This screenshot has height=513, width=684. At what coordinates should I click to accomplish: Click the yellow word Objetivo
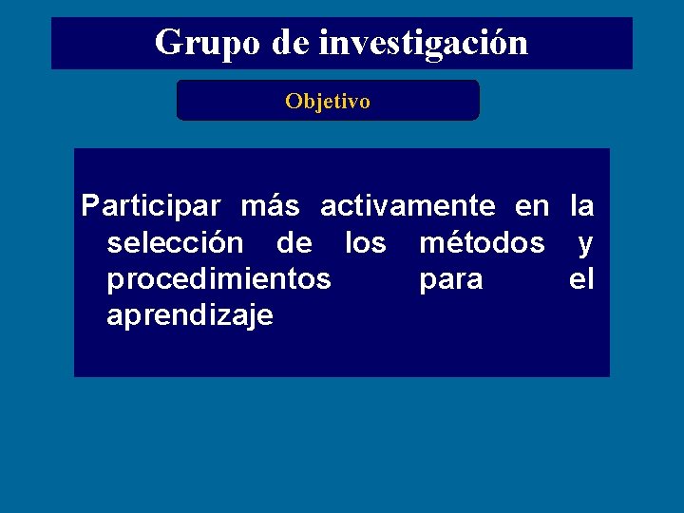(x=328, y=101)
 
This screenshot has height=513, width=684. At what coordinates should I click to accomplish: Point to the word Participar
(x=150, y=205)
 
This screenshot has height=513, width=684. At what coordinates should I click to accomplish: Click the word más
(x=270, y=205)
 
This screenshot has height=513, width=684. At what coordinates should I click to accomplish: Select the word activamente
(x=408, y=205)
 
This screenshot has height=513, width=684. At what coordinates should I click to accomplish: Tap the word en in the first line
(x=532, y=205)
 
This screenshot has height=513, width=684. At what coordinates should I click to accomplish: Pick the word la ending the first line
(x=581, y=205)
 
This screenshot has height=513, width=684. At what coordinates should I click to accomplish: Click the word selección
(x=175, y=243)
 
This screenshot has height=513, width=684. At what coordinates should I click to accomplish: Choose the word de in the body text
(x=294, y=243)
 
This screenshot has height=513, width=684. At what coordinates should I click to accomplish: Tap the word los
(x=365, y=243)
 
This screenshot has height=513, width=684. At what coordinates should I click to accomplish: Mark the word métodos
(x=482, y=243)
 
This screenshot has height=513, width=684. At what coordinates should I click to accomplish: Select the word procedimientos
(x=218, y=280)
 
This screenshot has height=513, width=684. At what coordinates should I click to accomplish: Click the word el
(x=581, y=280)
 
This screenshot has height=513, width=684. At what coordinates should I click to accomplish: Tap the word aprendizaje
(x=190, y=316)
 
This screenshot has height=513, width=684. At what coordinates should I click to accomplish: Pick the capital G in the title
(x=168, y=43)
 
